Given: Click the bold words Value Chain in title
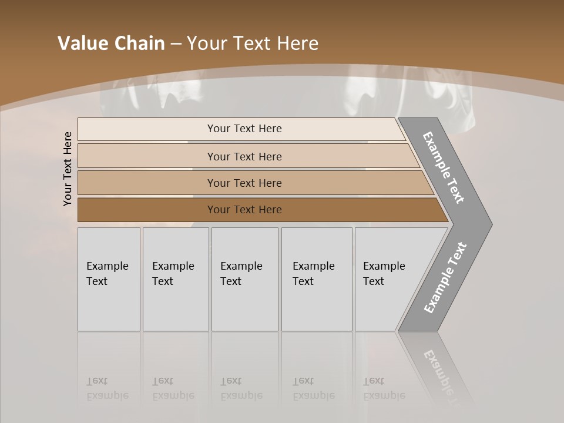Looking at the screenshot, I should (x=111, y=43).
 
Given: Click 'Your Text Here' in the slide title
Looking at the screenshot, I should (x=253, y=43).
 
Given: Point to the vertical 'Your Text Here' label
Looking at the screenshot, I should (x=68, y=169).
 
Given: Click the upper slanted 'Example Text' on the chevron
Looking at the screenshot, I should (x=444, y=167).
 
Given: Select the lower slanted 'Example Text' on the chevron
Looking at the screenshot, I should (x=445, y=278).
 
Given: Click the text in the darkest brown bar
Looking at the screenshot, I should (x=244, y=210).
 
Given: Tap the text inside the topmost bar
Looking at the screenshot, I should (x=244, y=129).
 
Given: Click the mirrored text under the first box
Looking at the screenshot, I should (x=107, y=388).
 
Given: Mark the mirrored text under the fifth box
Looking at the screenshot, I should (x=384, y=388).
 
